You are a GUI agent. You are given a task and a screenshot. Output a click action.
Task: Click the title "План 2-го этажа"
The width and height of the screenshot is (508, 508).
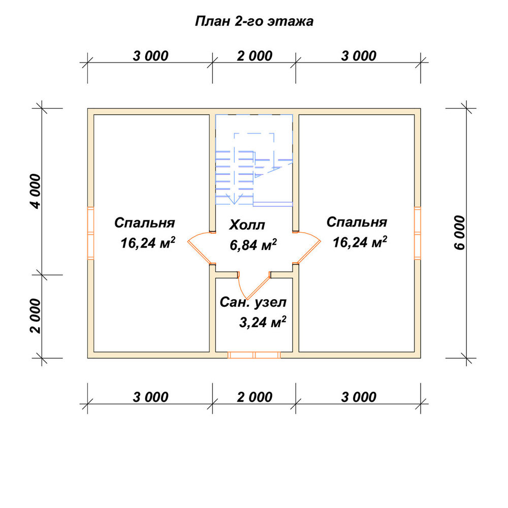coord(254,21)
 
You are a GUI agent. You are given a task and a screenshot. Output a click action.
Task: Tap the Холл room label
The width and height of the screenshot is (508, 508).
coord(247,225)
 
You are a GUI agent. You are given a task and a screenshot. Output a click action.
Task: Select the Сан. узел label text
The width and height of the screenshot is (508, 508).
coord(253,302)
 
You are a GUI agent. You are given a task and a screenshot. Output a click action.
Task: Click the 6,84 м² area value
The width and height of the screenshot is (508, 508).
coord(253,245)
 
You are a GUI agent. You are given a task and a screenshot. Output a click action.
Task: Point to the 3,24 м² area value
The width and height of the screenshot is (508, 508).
coord(263,322)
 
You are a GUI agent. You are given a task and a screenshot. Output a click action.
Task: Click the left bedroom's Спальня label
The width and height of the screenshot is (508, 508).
coord(144,223)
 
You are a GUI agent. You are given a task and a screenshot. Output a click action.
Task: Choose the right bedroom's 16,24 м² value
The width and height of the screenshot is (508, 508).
coord(360,242)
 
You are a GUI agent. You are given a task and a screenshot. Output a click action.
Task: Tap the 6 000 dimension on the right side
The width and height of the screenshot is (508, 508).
coord(459,233)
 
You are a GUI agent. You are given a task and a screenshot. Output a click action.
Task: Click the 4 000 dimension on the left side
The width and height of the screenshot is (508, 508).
coord(36,191)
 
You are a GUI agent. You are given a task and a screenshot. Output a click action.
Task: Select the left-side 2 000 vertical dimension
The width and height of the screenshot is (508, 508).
coord(36,316)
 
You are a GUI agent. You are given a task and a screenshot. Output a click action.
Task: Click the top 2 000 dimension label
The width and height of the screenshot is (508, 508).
coord(255,56)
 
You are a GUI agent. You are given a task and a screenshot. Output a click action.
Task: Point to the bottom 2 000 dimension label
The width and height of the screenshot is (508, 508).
coord(255,397)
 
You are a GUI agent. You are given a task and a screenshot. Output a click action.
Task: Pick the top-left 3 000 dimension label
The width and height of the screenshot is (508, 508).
coord(150,56)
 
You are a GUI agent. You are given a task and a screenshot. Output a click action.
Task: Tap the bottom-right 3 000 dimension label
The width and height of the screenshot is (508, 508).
coord(359,397)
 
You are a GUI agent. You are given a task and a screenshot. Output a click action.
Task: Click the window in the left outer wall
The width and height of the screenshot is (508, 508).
coord(91,233)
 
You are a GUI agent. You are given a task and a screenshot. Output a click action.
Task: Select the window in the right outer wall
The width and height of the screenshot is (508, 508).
coord(418,233)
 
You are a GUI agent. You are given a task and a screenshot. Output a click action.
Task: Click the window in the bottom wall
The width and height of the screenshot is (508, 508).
coord(254,355)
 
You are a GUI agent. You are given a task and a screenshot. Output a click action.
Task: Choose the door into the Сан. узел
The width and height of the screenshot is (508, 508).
coord(255,285)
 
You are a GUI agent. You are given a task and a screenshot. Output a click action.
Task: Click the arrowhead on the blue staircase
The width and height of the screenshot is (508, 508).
coord(234,199)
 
